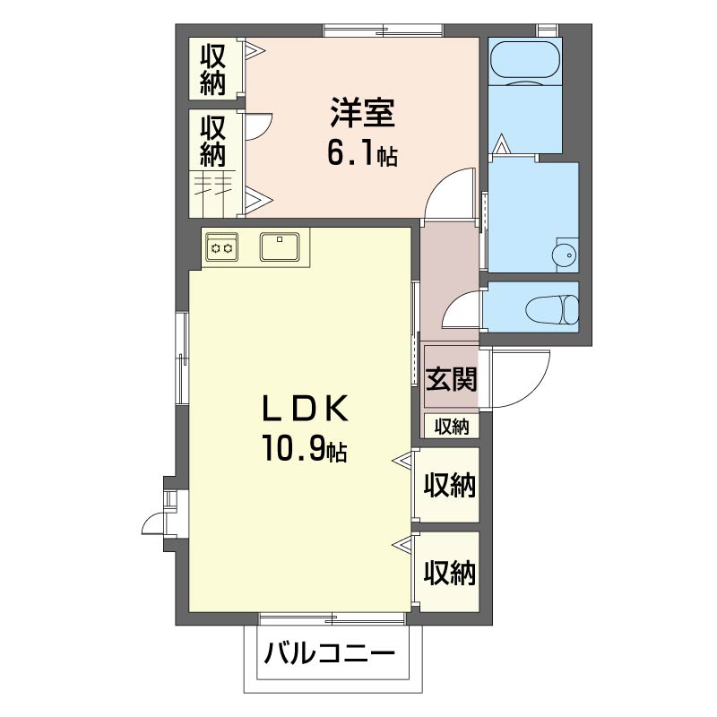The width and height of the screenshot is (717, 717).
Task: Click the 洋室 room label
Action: click(x=363, y=113)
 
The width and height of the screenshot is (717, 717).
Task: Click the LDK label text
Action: click(x=305, y=409)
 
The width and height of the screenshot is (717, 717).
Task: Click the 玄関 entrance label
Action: click(x=452, y=379)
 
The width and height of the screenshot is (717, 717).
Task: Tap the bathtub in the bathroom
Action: click(x=525, y=60)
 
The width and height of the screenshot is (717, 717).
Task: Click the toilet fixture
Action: click(x=552, y=309)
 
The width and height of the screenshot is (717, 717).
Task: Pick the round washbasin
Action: click(x=566, y=255)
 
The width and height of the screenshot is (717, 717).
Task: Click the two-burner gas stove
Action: click(x=221, y=247)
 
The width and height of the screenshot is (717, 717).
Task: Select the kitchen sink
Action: click(x=280, y=246)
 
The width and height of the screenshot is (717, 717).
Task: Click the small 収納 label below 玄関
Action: click(x=452, y=427)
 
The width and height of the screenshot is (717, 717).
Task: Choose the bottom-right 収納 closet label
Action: click(x=450, y=573)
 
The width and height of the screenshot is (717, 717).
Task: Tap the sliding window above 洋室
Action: click(x=384, y=30)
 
